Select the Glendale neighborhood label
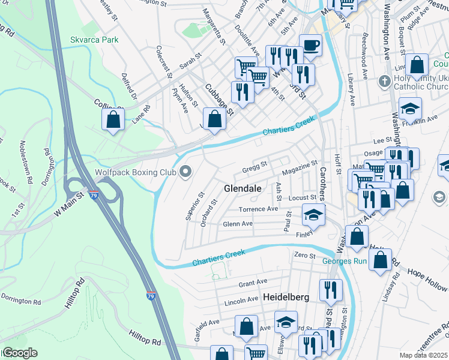pyautogui.click(x=243, y=188)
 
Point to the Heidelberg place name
pyautogui.click(x=286, y=297)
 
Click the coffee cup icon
pyautogui.click(x=310, y=45)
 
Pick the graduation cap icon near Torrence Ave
pyautogui.click(x=313, y=214)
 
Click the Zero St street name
pyautogui.click(x=305, y=256)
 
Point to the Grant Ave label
pyautogui.click(x=253, y=282)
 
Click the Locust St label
pyautogui.click(x=302, y=197)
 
